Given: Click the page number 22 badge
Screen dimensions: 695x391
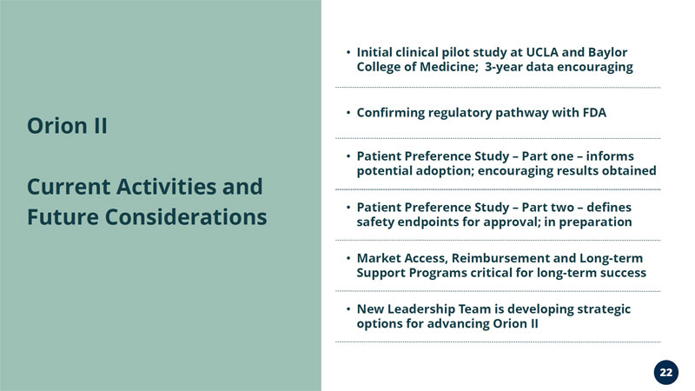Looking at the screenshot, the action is point(665,373).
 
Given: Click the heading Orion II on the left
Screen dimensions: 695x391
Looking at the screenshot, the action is point(67,126).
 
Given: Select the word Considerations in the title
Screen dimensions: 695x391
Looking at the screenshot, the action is point(186,217).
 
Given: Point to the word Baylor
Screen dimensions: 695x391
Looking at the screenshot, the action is point(607,53).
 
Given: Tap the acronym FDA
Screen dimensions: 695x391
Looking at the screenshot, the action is point(594,113).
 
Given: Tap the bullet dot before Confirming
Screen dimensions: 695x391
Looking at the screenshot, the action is point(348,113).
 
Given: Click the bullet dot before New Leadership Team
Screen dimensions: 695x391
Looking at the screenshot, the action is point(348,308).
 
